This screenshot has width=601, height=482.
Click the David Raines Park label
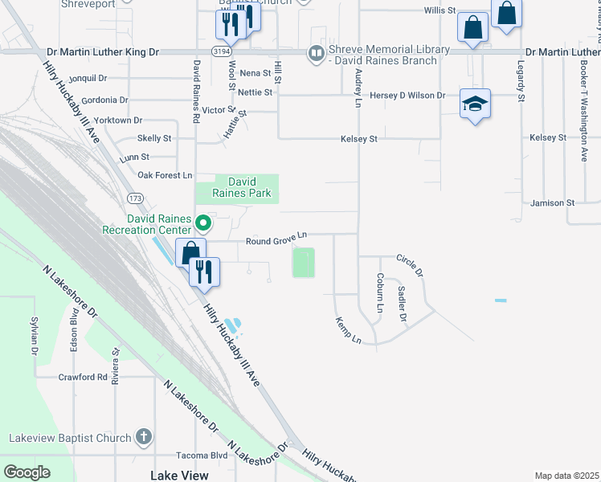pyautogui.click(x=242, y=188)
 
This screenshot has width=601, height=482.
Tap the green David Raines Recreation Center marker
pyautogui.click(x=203, y=223)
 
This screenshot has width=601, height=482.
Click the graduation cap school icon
pyautogui.click(x=475, y=104)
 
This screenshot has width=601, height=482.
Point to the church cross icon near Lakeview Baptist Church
pyautogui.click(x=143, y=437)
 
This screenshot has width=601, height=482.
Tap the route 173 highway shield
pyautogui.click(x=133, y=197)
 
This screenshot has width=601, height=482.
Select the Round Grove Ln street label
pyautogui.click(x=276, y=235)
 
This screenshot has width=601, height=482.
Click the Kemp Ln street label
pyautogui.click(x=349, y=329)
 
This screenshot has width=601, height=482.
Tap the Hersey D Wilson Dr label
pyautogui.click(x=407, y=95)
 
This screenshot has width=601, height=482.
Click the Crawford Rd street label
pyautogui.click(x=82, y=376)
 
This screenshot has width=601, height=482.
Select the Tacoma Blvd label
pyautogui.click(x=202, y=455)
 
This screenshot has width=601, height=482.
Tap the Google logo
pyautogui.click(x=27, y=472)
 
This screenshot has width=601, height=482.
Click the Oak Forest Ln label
pyautogui.click(x=166, y=174)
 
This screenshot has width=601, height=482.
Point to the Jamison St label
pyautogui.click(x=546, y=203)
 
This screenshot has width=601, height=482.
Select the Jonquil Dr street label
pyautogui.click(x=88, y=78)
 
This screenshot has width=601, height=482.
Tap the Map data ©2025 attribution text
pyautogui.click(x=566, y=476)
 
